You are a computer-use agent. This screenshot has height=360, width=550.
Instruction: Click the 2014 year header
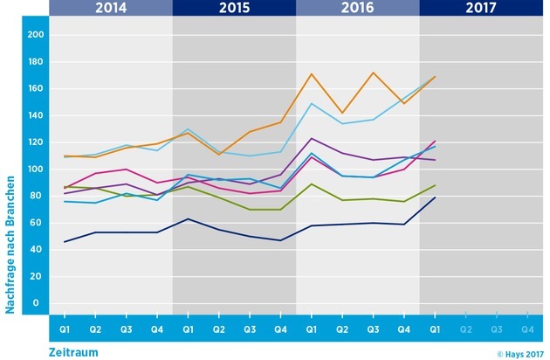pyautogui.click(x=111, y=9)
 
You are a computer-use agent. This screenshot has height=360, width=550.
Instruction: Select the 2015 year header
pyautogui.click(x=234, y=9)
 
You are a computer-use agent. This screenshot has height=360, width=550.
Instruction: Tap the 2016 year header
pyautogui.click(x=357, y=9)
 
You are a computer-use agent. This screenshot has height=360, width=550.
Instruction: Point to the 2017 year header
pyautogui.click(x=481, y=9)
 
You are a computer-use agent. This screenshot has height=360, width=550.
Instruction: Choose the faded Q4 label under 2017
pyautogui.click(x=527, y=329)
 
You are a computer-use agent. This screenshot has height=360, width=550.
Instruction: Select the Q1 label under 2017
pyautogui.click(x=435, y=329)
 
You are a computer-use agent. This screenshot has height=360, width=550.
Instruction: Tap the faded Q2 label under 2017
pyautogui.click(x=465, y=329)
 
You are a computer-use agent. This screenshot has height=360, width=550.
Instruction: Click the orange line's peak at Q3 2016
pyautogui.click(x=374, y=73)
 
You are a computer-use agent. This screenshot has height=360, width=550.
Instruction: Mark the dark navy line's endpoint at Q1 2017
pyautogui.click(x=435, y=197)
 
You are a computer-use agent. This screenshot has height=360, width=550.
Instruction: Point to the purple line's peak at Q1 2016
pyautogui.click(x=312, y=138)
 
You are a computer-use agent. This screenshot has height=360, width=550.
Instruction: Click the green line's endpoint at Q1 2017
pyautogui.click(x=435, y=185)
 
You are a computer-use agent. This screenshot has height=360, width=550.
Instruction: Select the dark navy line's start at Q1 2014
pyautogui.click(x=65, y=241)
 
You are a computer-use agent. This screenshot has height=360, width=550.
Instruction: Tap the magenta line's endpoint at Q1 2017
pyautogui.click(x=435, y=141)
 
